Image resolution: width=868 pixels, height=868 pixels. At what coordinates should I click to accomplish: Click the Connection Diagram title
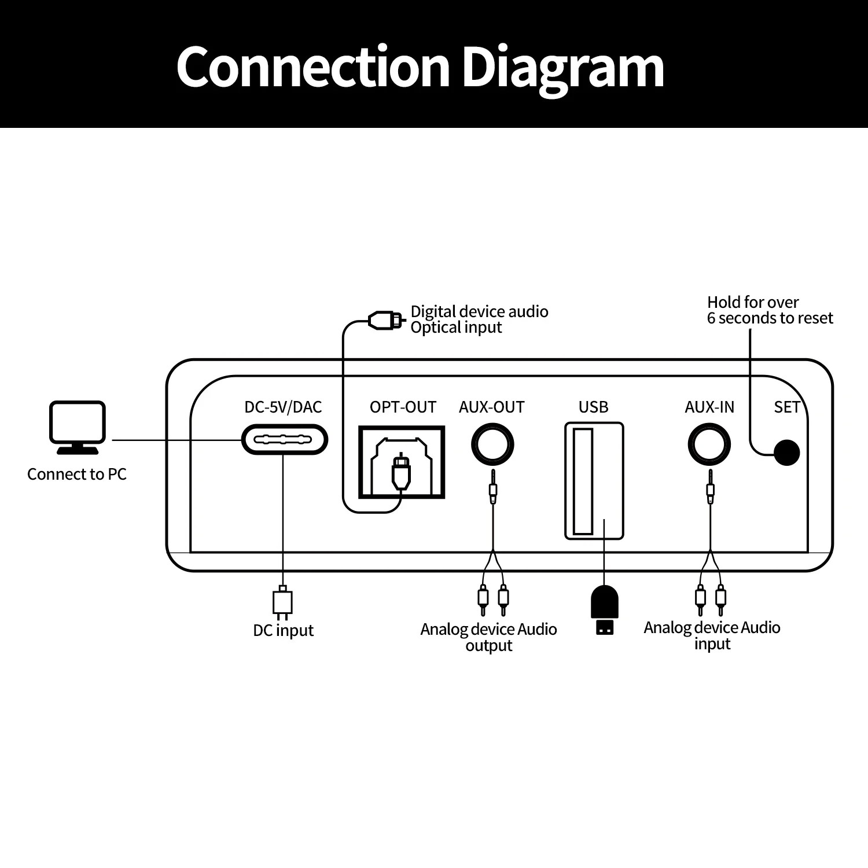pyautogui.click(x=420, y=67)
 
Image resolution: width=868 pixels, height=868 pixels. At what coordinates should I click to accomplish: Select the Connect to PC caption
pyautogui.click(x=76, y=475)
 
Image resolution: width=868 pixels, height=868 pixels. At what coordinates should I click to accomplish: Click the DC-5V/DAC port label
pyautogui.click(x=283, y=407)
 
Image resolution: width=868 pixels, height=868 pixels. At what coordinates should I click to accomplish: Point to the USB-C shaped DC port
pyautogui.click(x=284, y=440)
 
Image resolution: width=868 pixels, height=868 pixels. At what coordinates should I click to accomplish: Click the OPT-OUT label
pyautogui.click(x=403, y=407)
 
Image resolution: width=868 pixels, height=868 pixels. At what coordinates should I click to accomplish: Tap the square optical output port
pyautogui.click(x=402, y=462)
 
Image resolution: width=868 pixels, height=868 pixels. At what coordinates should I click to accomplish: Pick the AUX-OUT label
pyautogui.click(x=491, y=407)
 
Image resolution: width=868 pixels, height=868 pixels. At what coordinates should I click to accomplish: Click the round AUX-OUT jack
pyautogui.click(x=492, y=444)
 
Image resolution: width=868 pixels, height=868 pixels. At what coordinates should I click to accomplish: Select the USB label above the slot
pyautogui.click(x=593, y=407)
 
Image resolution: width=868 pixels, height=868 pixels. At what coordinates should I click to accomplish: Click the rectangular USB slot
pyautogui.click(x=594, y=481)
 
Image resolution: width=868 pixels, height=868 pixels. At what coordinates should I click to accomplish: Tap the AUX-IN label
pyautogui.click(x=709, y=407)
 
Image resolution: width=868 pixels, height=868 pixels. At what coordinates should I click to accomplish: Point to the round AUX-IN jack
pyautogui.click(x=709, y=444)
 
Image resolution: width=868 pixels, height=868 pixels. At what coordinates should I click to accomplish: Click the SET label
pyautogui.click(x=786, y=407)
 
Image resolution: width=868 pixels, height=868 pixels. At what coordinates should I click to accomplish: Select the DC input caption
pyautogui.click(x=283, y=630)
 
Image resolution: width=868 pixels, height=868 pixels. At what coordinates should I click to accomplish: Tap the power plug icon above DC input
pyautogui.click(x=282, y=602)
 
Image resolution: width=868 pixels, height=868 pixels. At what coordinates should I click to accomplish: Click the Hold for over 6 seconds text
pyautogui.click(x=770, y=310)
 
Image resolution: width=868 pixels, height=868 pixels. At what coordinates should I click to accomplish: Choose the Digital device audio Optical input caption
pyautogui.click(x=479, y=319)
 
